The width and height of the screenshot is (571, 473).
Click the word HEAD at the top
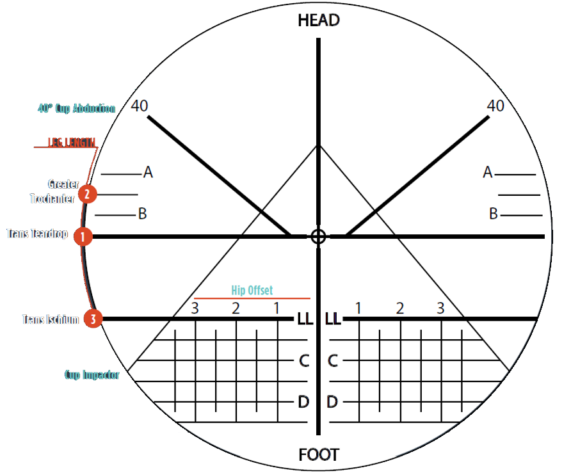click(318, 20)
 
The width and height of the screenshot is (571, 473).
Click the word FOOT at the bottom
click(318, 455)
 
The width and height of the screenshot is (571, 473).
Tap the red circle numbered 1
click(83, 237)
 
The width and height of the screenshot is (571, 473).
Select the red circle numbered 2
click(87, 193)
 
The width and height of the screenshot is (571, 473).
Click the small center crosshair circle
click(318, 237)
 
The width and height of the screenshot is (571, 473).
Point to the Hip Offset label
click(252, 291)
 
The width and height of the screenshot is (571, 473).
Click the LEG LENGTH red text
click(71, 142)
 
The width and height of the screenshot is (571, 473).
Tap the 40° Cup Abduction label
click(77, 108)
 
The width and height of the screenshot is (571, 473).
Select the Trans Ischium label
click(51, 319)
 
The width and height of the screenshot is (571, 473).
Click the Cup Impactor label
click(92, 375)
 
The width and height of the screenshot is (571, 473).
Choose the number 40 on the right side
click(495, 106)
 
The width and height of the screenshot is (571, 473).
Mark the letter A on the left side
click(148, 172)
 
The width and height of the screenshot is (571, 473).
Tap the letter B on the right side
click(494, 214)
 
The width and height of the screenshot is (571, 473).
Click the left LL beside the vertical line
click(305, 319)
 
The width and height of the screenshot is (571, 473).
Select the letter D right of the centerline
click(332, 402)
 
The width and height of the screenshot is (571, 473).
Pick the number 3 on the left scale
click(195, 309)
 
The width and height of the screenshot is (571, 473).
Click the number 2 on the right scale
click(400, 309)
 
